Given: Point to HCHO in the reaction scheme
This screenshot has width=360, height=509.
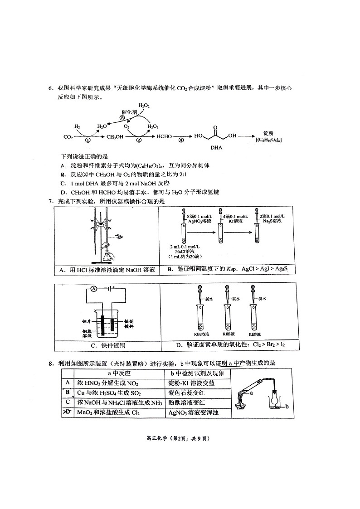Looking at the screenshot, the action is (165, 136).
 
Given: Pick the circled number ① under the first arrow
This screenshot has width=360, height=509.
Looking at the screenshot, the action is (88, 141).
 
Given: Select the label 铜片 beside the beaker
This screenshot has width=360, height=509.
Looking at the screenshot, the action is (87, 320).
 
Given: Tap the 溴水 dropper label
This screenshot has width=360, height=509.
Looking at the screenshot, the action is (262, 299).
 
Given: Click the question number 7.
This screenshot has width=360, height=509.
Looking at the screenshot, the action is (51, 201).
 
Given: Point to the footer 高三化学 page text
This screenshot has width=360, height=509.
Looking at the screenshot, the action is (180, 438).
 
